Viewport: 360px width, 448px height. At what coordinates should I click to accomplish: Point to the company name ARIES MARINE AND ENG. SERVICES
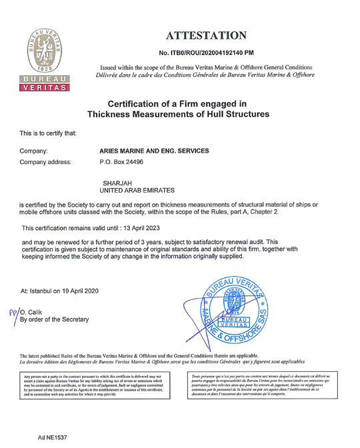[154, 151]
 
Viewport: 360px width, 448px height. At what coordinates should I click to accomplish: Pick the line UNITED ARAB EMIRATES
[136, 191]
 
